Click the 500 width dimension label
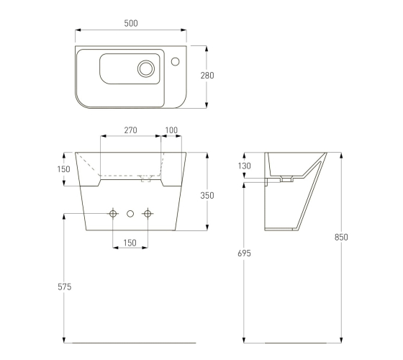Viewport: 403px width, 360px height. [131, 23]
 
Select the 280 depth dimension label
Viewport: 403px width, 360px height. [207, 76]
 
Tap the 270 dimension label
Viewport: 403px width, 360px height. [130, 130]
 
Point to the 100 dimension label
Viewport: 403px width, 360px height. [171, 130]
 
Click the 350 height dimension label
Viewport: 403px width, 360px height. [207, 196]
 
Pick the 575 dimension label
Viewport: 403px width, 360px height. [65, 287]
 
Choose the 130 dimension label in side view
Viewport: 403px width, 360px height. [244, 166]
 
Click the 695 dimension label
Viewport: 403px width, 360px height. [244, 253]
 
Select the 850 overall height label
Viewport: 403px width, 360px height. [341, 238]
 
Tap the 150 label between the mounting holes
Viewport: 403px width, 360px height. [130, 243]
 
